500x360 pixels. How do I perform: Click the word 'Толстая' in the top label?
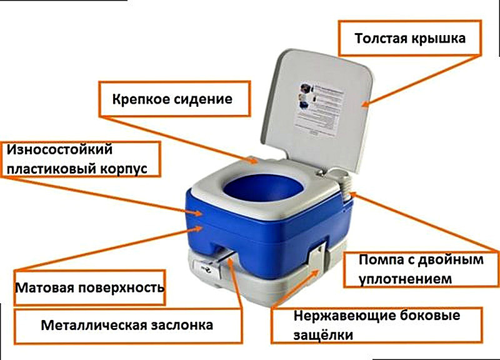[380, 39]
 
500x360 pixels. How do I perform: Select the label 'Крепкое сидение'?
[172, 99]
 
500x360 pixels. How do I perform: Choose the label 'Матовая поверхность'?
[89, 289]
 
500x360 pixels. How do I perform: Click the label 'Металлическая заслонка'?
[127, 325]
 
